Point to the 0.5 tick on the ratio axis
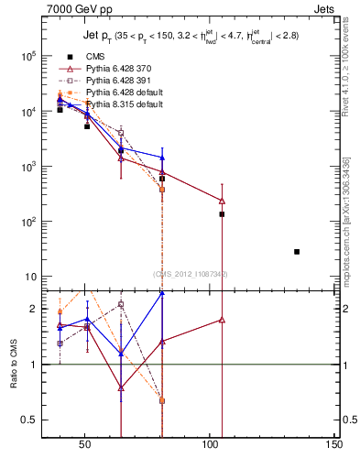(27, 420)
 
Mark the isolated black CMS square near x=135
(297, 251)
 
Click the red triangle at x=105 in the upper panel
(222, 201)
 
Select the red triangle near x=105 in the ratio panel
(222, 320)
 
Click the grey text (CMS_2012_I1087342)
(191, 274)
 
